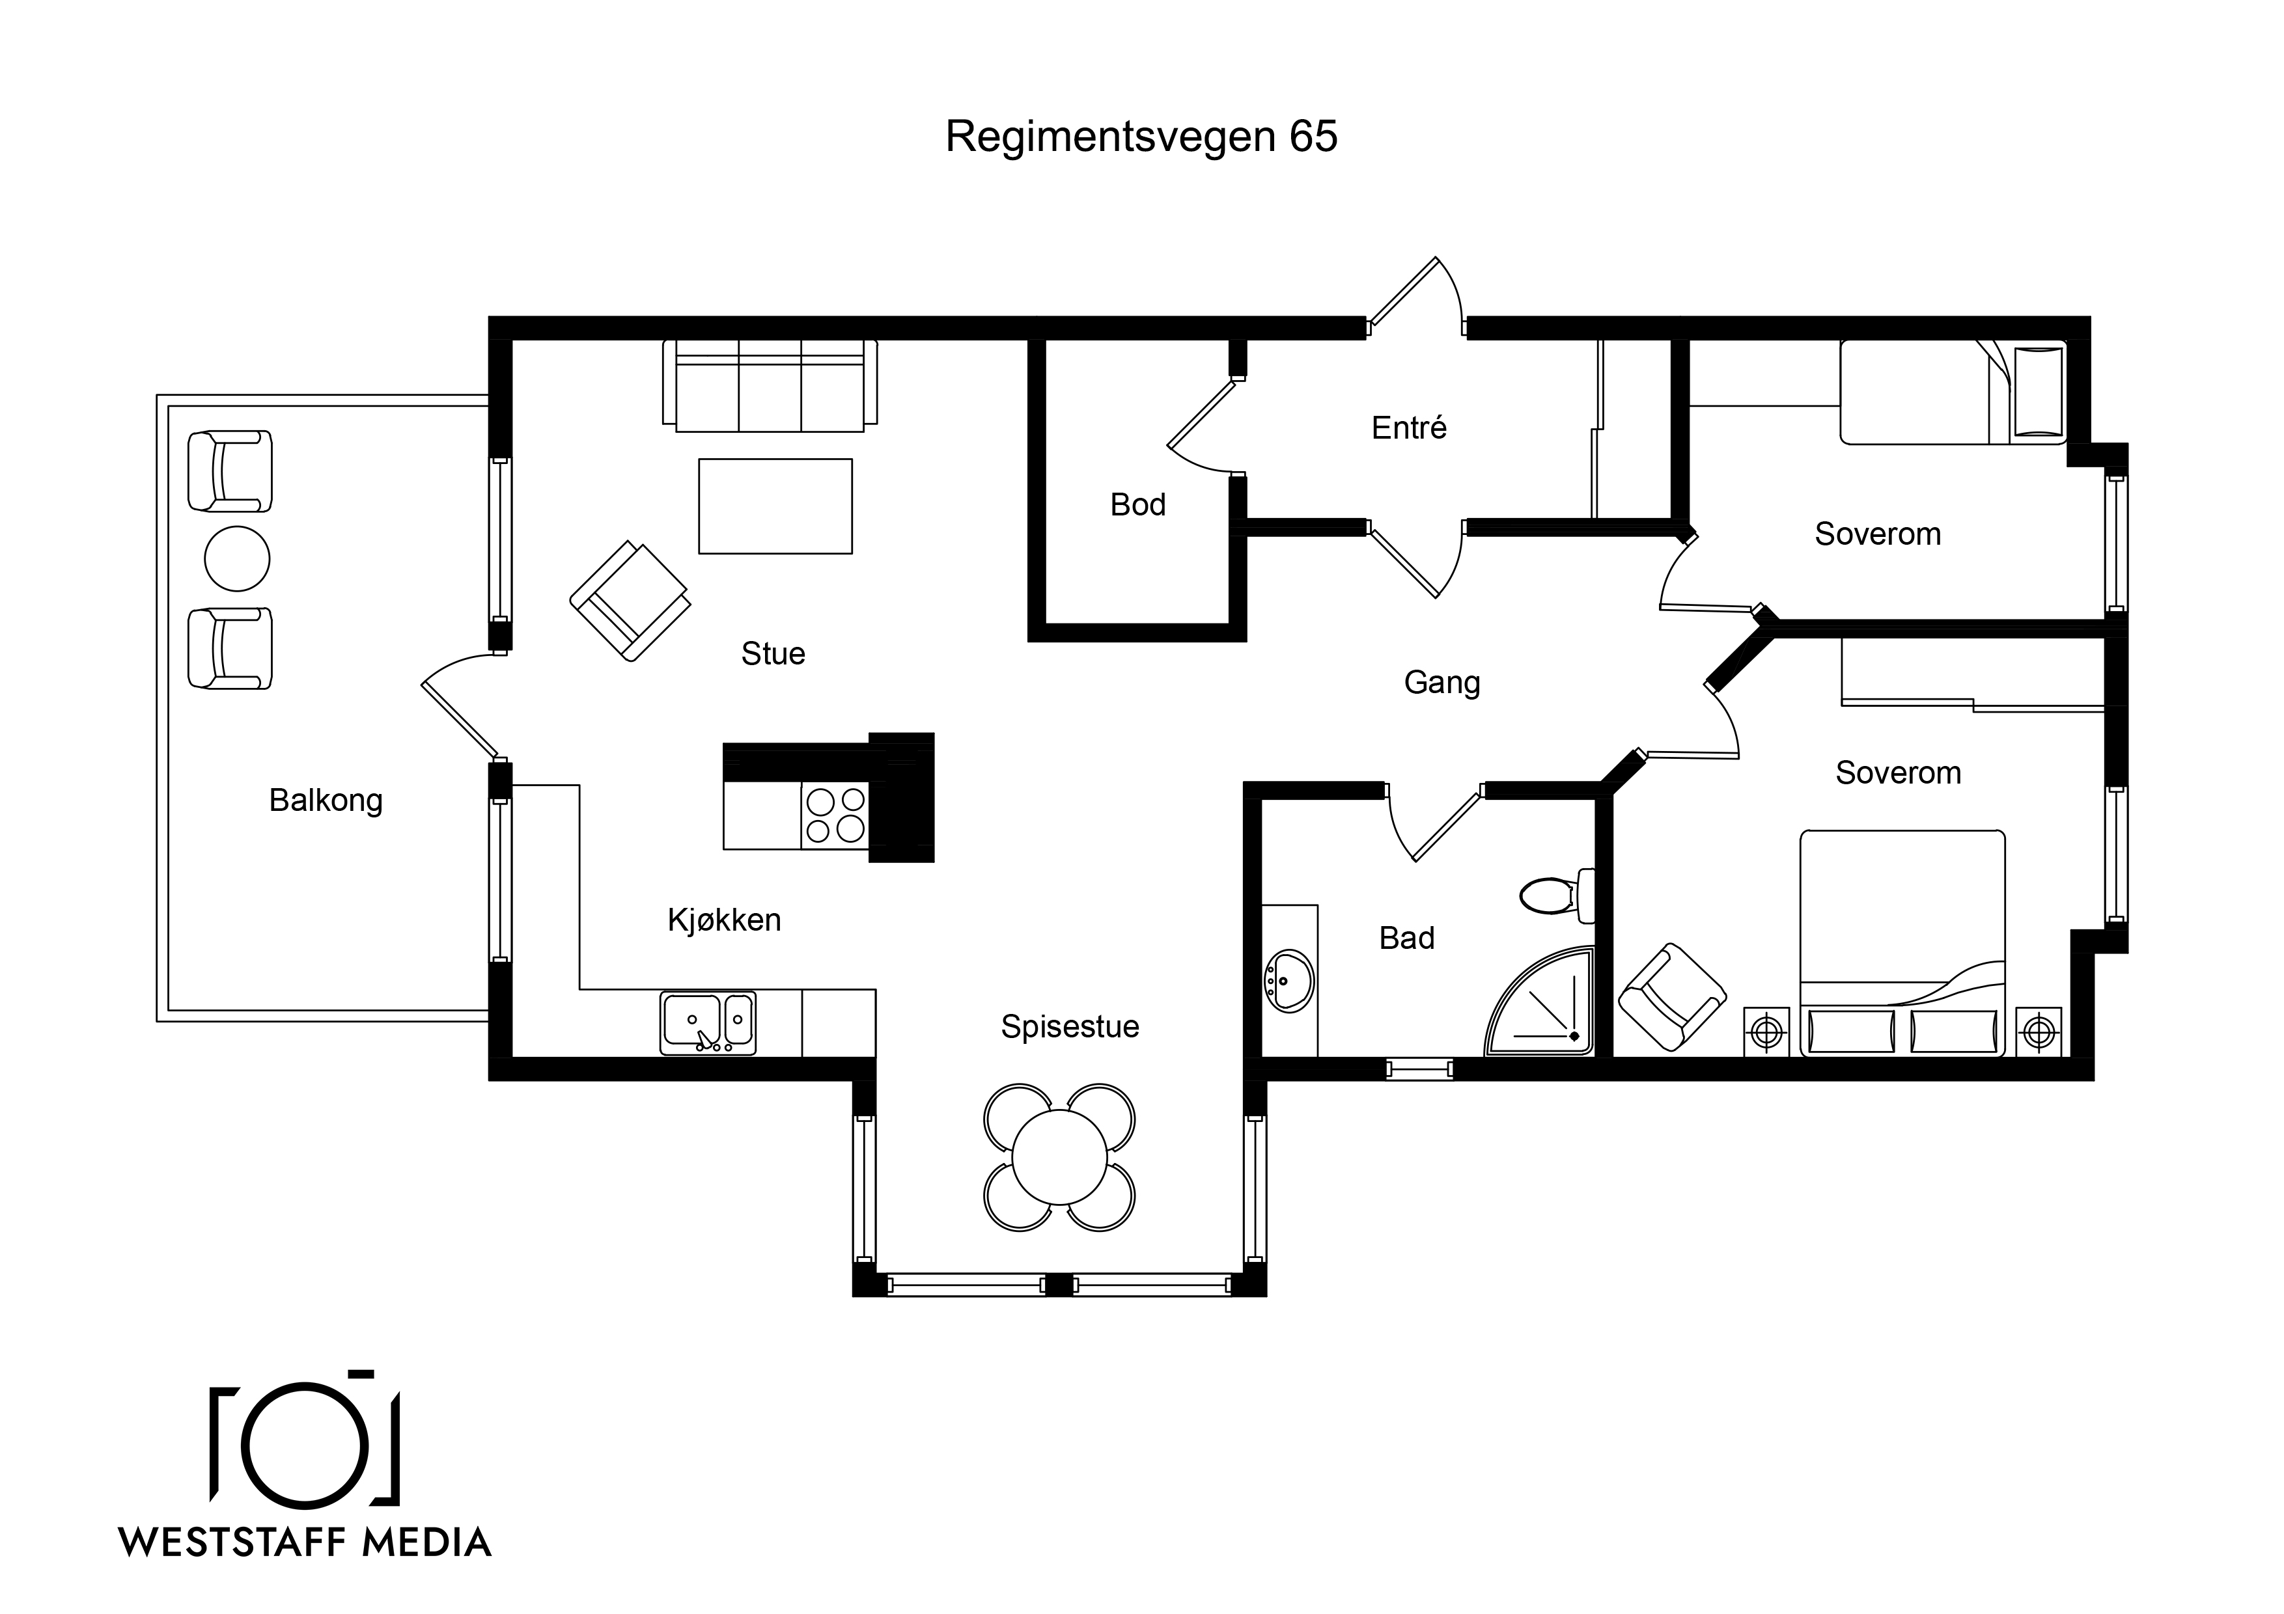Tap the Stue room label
(773, 653)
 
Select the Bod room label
(1138, 504)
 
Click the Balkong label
(326, 800)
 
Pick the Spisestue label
(1070, 1026)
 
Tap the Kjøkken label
(724, 920)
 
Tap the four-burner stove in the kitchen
(835, 815)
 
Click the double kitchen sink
(707, 1022)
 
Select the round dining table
(1059, 1158)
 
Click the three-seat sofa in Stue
(770, 386)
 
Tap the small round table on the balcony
(237, 559)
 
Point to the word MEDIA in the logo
(426, 1542)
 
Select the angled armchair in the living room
(630, 601)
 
